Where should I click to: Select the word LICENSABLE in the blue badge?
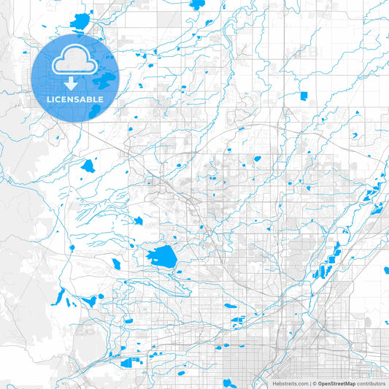(74, 99)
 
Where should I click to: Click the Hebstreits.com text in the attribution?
(289, 383)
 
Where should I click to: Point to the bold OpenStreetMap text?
(337, 383)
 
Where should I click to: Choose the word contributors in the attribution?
(371, 383)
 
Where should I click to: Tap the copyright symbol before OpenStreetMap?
(314, 383)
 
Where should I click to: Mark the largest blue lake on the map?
(161, 256)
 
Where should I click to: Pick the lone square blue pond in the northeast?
(304, 96)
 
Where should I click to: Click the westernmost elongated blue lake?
(58, 297)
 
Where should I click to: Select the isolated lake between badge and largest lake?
(88, 166)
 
